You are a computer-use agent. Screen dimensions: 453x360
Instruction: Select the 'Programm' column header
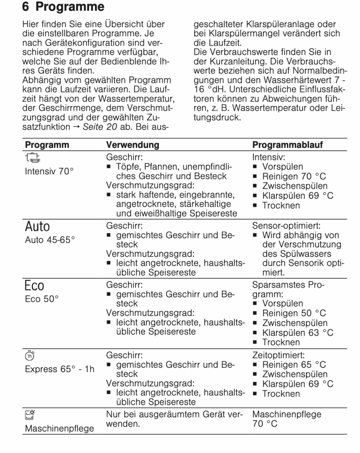[x=47, y=145]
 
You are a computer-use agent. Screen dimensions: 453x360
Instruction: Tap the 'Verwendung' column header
[x=132, y=145]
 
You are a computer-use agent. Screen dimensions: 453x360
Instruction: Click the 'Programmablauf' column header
[x=287, y=145]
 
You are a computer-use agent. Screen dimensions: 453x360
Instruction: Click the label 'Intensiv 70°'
[x=49, y=172]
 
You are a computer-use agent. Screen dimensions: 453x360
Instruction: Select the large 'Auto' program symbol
[x=38, y=227]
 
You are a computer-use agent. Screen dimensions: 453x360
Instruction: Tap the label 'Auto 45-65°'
[x=50, y=240]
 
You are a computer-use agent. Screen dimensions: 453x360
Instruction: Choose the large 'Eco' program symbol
[x=35, y=286]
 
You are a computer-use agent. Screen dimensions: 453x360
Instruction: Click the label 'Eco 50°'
[x=42, y=299]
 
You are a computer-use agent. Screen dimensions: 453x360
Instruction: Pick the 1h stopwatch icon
[x=30, y=355]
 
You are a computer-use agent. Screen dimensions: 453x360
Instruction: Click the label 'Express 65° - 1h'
[x=60, y=369]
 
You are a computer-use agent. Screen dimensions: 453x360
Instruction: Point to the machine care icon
[x=30, y=415]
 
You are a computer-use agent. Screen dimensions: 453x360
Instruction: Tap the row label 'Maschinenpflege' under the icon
[x=59, y=429]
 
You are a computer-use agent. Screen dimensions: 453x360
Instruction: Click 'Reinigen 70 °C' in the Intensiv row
[x=294, y=177]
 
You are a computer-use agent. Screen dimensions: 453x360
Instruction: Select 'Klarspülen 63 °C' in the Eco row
[x=298, y=333]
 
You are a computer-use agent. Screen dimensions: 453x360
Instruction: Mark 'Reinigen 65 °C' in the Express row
[x=294, y=365]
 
